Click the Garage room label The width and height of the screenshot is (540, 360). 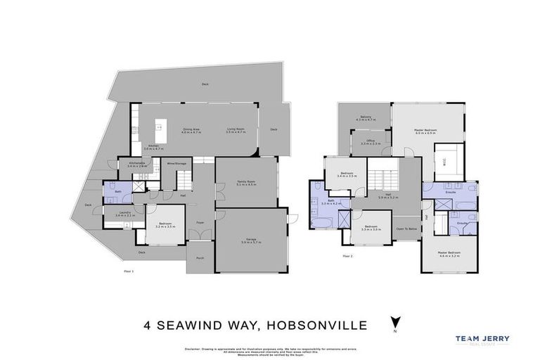click(251, 241)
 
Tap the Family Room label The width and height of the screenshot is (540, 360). click(246, 183)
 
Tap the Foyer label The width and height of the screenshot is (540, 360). click(200, 224)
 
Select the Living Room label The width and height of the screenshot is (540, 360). click(235, 130)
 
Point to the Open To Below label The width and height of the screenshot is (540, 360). click(406, 229)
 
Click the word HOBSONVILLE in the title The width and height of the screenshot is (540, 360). click(308, 325)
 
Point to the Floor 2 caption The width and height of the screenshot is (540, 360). click(347, 256)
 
